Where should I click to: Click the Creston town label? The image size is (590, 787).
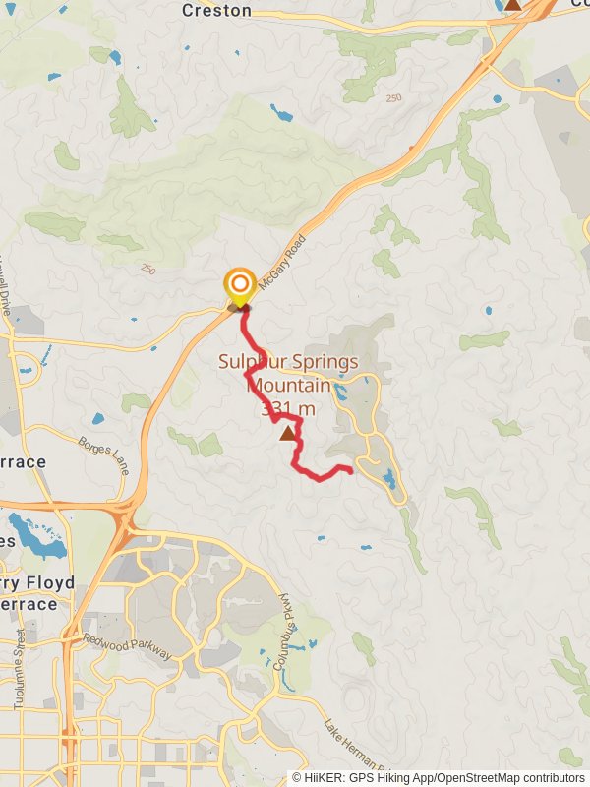pos(216,11)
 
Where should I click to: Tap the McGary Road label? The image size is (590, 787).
pos(284,260)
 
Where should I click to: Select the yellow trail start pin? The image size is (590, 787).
pos(239,287)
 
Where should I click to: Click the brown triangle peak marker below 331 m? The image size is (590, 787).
pos(288,433)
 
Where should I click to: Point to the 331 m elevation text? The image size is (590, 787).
pos(289,409)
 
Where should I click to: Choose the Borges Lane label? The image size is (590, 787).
pos(104,454)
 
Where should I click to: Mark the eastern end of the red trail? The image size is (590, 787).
pos(350,471)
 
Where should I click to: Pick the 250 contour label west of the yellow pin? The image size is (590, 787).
pos(147,269)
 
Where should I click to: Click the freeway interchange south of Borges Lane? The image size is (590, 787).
pos(123,512)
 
